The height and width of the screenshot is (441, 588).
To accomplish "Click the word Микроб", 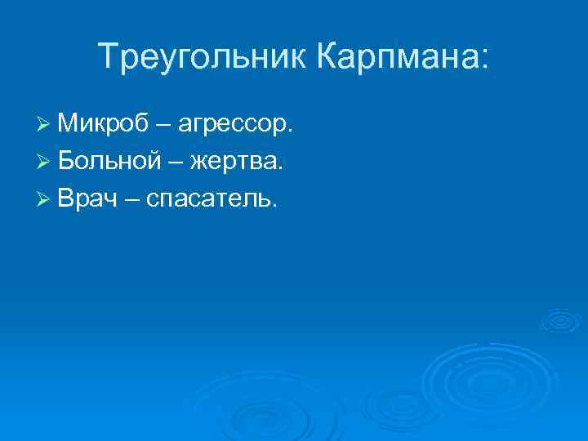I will click(103, 124).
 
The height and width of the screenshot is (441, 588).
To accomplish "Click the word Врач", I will click(90, 199).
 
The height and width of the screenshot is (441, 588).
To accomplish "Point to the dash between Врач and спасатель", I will click(133, 201).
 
